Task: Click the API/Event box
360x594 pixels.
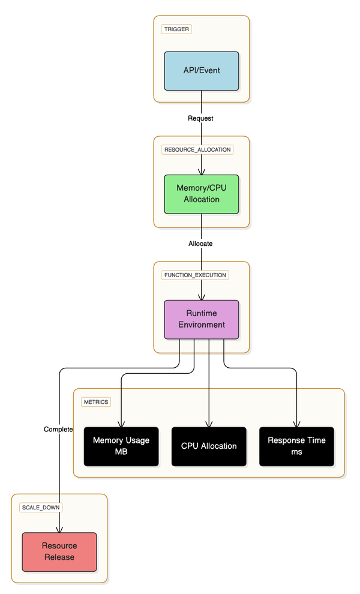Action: (202, 71)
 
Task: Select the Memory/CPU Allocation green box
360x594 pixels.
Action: (202, 194)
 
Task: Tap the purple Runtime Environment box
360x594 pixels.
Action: (202, 319)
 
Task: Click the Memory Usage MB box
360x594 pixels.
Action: (121, 446)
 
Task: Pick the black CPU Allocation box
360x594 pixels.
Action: (209, 446)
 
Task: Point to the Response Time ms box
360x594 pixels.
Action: (296, 446)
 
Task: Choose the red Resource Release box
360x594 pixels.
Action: (59, 551)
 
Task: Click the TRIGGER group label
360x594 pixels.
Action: (177, 29)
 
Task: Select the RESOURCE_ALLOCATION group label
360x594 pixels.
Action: (197, 149)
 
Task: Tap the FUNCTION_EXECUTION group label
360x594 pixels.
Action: (195, 275)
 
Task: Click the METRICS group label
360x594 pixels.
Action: (96, 401)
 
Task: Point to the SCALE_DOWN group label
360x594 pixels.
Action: (41, 507)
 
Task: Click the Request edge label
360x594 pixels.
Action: (200, 118)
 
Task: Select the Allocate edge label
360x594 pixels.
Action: (200, 244)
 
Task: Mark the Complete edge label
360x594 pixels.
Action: (58, 429)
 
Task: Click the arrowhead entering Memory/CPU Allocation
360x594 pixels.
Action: (202, 172)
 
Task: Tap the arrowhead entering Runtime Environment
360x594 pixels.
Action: (202, 297)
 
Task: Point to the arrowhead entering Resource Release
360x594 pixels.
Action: (59, 529)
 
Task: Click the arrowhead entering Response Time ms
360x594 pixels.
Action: (296, 424)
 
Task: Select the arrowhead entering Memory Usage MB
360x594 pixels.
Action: (121, 424)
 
